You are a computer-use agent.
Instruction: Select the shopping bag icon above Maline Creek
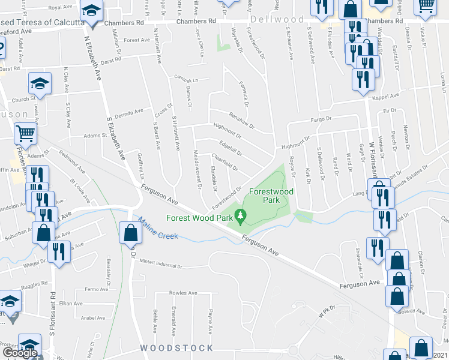130,233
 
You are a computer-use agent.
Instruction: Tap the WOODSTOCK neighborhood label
176,348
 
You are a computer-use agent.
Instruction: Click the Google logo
20,353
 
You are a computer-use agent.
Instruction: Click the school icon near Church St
40,84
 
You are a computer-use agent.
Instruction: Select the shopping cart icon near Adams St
25,133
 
